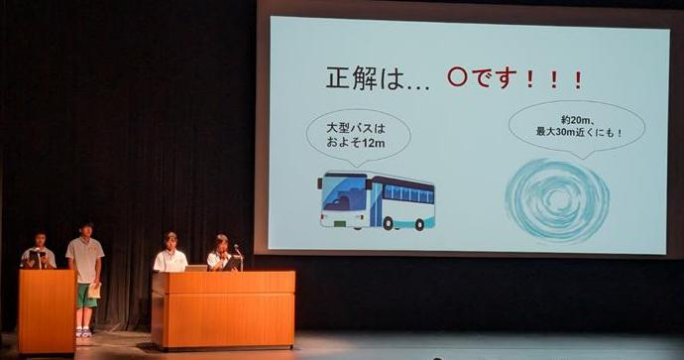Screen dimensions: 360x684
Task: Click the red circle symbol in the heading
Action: [x=456, y=77]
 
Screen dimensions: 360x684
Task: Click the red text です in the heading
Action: [x=493, y=78]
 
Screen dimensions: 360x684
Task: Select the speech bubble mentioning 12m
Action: [x=358, y=135]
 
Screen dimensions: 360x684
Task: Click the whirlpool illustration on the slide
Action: [x=556, y=198]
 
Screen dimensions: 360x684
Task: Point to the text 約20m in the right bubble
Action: [x=561, y=118]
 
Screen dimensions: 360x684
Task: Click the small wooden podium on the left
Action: [x=46, y=309]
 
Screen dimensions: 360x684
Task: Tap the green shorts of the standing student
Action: [x=87, y=295]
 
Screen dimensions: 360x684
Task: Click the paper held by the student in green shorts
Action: [x=95, y=291]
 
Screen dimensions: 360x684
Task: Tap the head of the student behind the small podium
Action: [x=40, y=240]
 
